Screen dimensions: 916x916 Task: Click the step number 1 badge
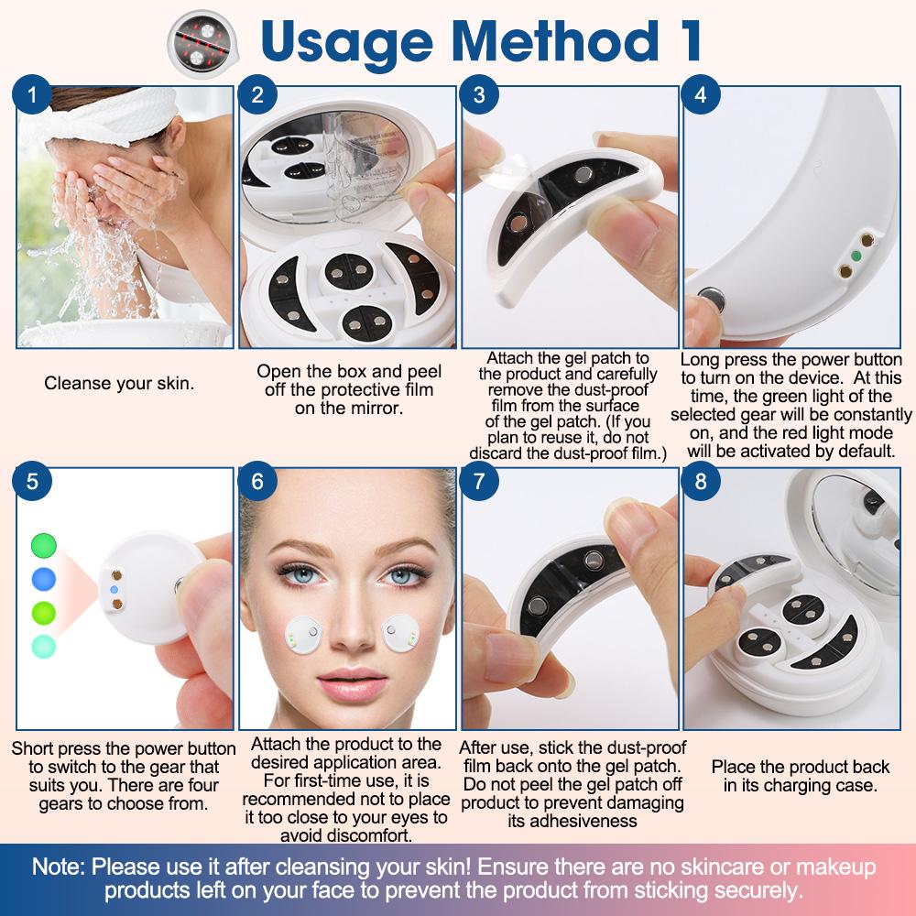(34, 93)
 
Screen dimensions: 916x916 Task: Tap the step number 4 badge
(702, 93)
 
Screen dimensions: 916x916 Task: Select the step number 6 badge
(257, 481)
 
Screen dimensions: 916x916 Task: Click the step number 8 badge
(702, 481)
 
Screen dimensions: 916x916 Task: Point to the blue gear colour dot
(43, 578)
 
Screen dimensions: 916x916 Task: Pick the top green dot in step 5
(43, 546)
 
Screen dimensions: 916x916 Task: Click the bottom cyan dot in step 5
(43, 645)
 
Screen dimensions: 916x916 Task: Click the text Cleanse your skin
(119, 383)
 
